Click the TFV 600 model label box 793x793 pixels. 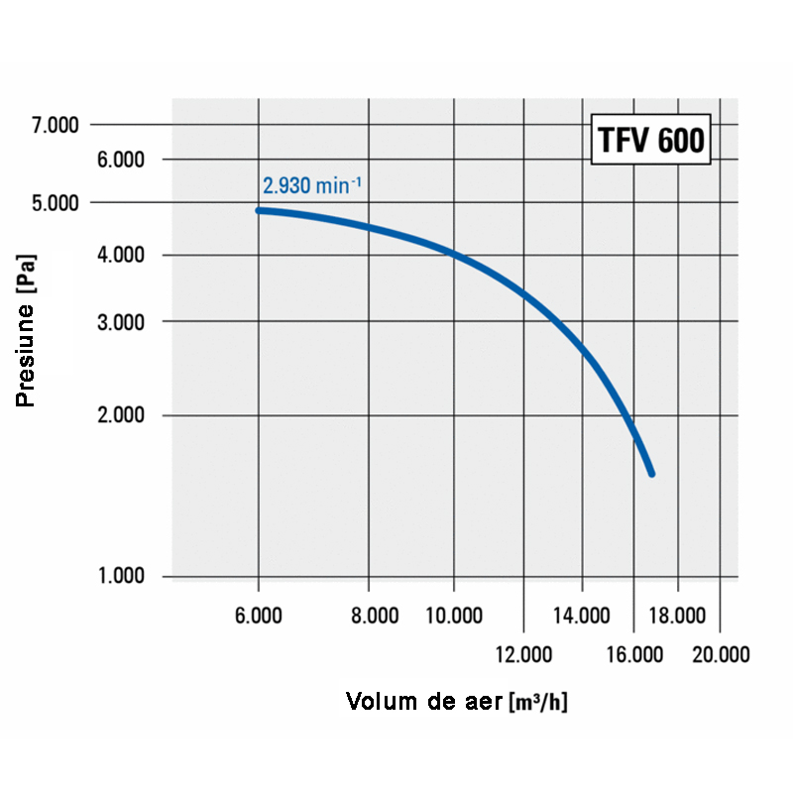click(650, 141)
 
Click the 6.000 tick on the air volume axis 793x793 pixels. click(259, 617)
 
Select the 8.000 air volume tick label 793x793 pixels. click(375, 617)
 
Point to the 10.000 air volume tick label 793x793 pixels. click(454, 617)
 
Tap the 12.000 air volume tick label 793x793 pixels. click(523, 654)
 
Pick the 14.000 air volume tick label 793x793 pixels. click(582, 617)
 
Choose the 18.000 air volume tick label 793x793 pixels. click(677, 617)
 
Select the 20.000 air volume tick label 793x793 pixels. click(721, 654)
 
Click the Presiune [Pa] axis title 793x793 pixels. click(27, 331)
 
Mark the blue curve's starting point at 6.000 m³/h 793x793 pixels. click(259, 210)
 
